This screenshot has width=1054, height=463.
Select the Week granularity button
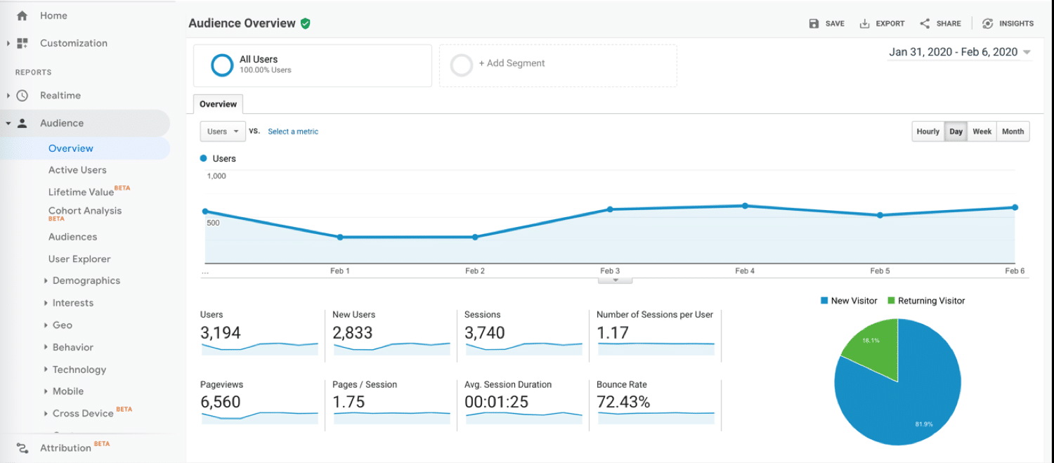point(982,131)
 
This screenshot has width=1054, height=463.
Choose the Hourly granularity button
point(928,131)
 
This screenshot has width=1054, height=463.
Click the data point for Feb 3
point(610,209)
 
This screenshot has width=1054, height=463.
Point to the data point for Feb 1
point(340,237)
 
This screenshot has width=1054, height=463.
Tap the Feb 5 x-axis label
point(880,270)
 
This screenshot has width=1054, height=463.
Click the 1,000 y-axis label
point(216,176)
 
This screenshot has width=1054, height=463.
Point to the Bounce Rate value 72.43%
point(623,402)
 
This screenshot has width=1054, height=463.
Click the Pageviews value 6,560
point(221,402)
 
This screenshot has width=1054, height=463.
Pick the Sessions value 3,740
point(485,332)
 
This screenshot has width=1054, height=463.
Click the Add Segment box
point(558,65)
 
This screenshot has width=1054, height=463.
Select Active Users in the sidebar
point(77,170)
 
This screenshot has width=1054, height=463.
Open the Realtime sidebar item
point(60,96)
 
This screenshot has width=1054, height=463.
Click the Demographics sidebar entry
point(86,280)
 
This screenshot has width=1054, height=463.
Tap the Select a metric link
point(293,131)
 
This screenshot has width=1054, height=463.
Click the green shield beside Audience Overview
point(305,23)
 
